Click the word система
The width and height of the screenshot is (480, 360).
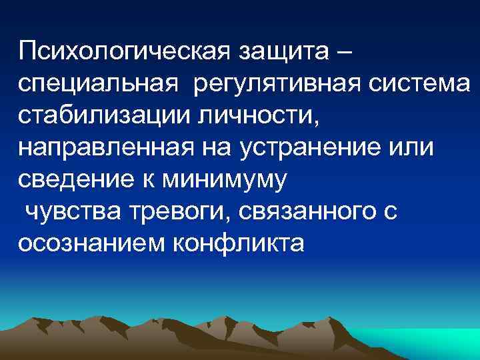point(424,84)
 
